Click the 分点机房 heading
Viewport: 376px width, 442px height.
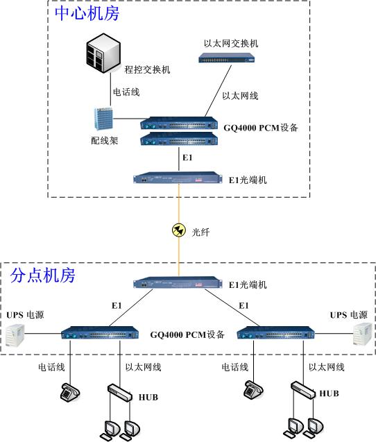(43, 275)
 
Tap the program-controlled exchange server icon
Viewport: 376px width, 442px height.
(101, 54)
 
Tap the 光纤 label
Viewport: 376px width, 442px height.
(200, 232)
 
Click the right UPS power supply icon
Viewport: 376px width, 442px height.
(361, 334)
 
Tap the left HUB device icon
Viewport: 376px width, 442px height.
(120, 393)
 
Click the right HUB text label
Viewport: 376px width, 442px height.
(330, 393)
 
